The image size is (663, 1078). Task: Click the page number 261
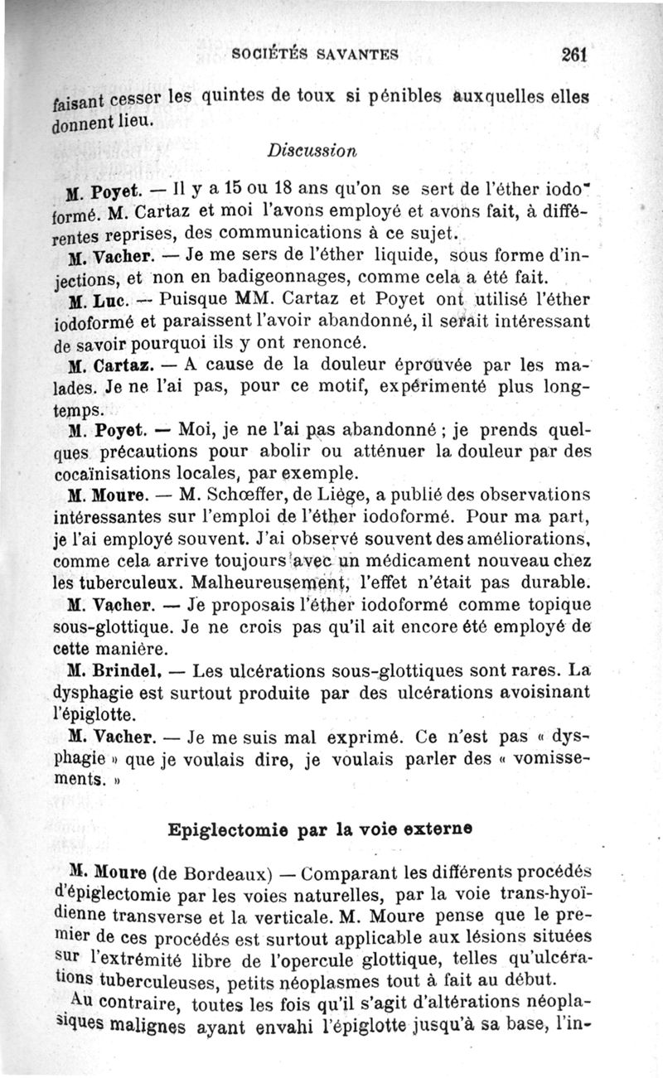click(573, 54)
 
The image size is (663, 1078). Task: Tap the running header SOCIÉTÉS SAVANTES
click(316, 56)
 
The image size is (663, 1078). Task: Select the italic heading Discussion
click(312, 152)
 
